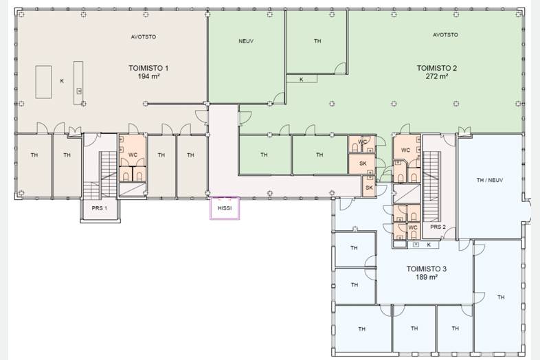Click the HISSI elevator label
(x=225, y=208)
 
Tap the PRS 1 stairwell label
(x=99, y=208)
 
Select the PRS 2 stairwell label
(x=438, y=227)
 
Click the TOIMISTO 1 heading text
(x=148, y=68)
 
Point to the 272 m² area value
(x=437, y=76)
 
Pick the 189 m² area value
(x=427, y=277)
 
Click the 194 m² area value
(x=148, y=76)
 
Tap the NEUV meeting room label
(x=246, y=41)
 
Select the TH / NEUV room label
(x=489, y=180)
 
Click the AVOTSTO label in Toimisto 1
(x=144, y=36)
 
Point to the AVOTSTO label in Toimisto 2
(x=445, y=35)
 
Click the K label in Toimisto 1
(x=62, y=81)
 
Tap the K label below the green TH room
(x=302, y=80)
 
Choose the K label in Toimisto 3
(x=429, y=245)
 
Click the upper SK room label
(x=363, y=164)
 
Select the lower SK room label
(x=369, y=188)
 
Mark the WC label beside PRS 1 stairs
(x=133, y=155)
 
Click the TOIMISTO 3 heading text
(x=427, y=269)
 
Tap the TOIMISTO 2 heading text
(x=437, y=68)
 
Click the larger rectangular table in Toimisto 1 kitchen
(x=44, y=82)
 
